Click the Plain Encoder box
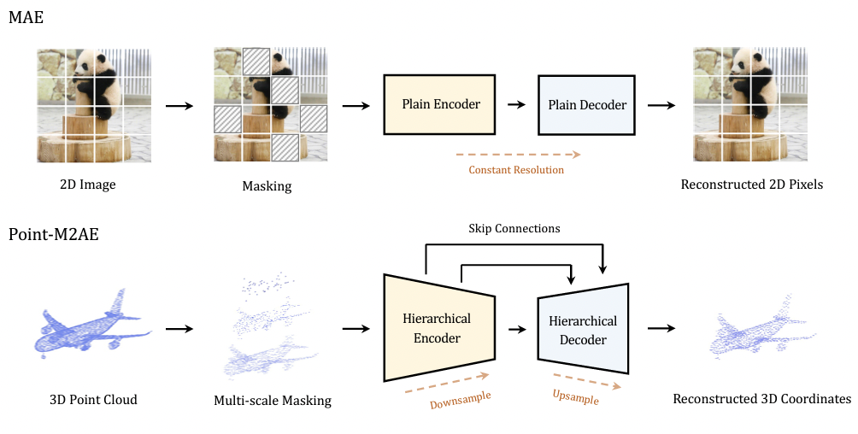pyautogui.click(x=441, y=104)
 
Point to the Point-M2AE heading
pyautogui.click(x=53, y=234)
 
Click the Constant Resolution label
pyautogui.click(x=516, y=170)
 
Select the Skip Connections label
pyautogui.click(x=514, y=228)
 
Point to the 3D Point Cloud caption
pyautogui.click(x=93, y=399)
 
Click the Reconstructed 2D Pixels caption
pyautogui.click(x=751, y=184)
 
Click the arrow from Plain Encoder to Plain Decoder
pyautogui.click(x=516, y=105)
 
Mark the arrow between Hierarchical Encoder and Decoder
pyautogui.click(x=516, y=328)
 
